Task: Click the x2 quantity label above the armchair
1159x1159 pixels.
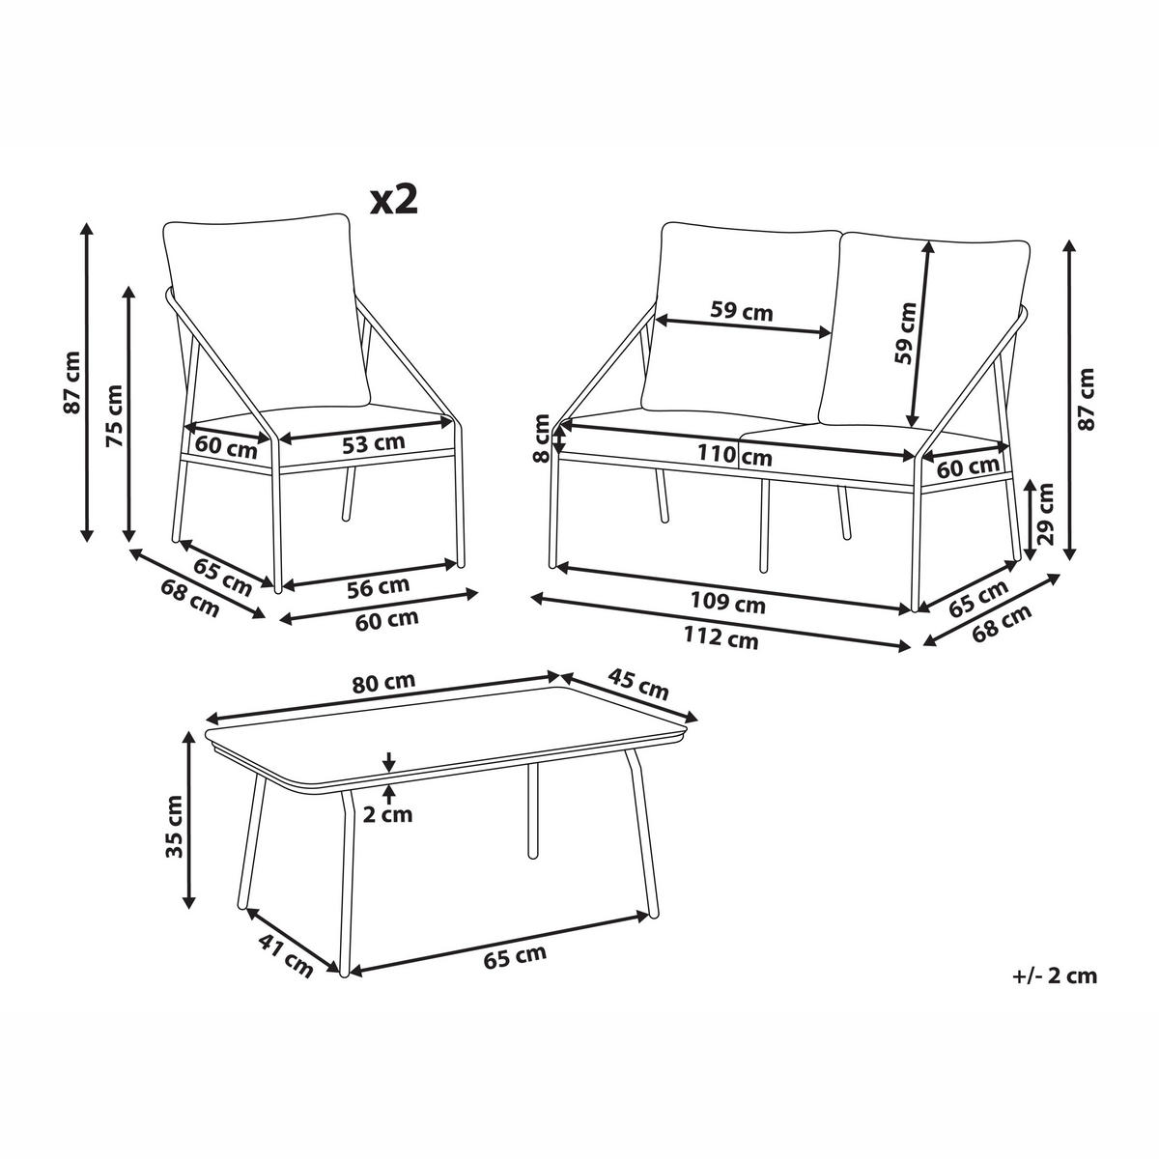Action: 394,200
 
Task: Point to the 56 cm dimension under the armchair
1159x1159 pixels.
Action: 379,587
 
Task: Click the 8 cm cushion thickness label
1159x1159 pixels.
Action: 541,438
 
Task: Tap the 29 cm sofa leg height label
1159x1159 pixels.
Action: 1046,514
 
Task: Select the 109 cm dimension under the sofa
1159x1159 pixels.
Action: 728,603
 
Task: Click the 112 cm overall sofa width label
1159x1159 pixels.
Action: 721,637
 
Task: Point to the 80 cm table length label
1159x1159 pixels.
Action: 383,683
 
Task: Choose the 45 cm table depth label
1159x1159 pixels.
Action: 638,685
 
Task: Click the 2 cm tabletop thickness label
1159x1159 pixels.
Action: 388,815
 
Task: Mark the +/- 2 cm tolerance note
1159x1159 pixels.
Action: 1055,993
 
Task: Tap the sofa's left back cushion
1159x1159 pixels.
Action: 741,319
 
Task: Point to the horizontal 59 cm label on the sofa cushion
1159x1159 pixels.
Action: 741,311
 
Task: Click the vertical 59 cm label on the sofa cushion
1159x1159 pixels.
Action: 905,333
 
